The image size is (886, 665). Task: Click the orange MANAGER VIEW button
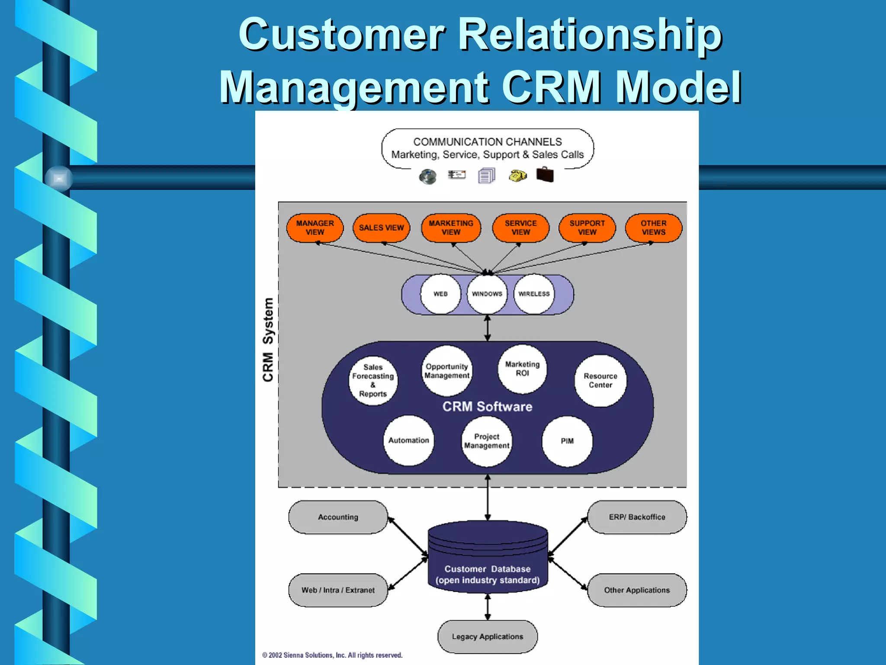tap(315, 228)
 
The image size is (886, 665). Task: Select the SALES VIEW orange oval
tap(381, 228)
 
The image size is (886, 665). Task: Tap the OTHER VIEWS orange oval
tap(653, 228)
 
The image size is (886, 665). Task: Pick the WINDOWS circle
tap(487, 294)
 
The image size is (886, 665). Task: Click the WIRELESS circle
tap(534, 294)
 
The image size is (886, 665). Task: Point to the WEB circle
tap(440, 294)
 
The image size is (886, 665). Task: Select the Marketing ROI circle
tap(522, 369)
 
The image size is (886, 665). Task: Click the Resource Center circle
tap(600, 381)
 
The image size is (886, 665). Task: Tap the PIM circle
tap(567, 441)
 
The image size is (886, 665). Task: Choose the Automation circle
tap(408, 440)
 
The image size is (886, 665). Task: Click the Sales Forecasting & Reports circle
tap(373, 381)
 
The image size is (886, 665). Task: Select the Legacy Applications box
tap(488, 636)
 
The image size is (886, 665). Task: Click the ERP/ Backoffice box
tap(637, 517)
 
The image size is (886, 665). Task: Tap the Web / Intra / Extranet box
tap(338, 590)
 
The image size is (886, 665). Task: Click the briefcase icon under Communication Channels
tap(545, 175)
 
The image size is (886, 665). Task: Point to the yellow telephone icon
tap(517, 176)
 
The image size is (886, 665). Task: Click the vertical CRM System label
tap(268, 340)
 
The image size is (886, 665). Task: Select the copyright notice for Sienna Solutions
tap(332, 655)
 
